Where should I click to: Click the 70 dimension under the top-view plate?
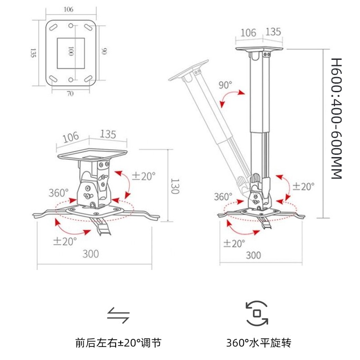(x=70, y=94)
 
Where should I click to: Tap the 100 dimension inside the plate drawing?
(x=71, y=51)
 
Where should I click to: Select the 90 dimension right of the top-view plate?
(x=104, y=51)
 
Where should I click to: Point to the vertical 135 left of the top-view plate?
(x=33, y=53)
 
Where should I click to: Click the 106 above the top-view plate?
(x=68, y=9)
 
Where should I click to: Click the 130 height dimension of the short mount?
(x=175, y=186)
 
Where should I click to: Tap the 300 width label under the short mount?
(x=91, y=254)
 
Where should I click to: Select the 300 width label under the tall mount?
(x=253, y=255)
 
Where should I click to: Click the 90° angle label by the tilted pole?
(x=225, y=85)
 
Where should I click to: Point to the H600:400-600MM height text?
(x=336, y=118)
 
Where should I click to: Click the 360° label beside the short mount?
(x=58, y=193)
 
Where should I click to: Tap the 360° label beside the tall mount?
(x=223, y=197)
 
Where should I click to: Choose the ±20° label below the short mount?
(x=65, y=241)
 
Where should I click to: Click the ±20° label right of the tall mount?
(x=303, y=186)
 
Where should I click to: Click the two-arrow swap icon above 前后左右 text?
(x=118, y=315)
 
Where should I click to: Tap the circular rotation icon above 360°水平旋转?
(x=257, y=313)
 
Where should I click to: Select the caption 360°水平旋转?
(x=258, y=343)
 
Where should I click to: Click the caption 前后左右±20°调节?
(x=118, y=343)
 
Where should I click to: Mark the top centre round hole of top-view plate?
(x=71, y=26)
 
